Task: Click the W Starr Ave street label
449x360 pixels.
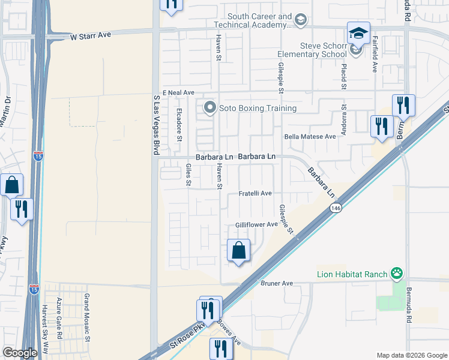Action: click(x=91, y=36)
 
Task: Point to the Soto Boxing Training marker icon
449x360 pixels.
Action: click(x=209, y=108)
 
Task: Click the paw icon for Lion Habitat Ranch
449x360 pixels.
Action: click(x=396, y=274)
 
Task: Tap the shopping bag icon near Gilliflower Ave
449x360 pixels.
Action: click(x=239, y=251)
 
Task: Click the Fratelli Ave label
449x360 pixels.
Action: click(x=256, y=193)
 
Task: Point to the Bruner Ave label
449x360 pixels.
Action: click(x=276, y=283)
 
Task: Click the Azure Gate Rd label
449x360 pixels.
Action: click(x=59, y=318)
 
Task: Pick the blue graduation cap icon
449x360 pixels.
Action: click(x=358, y=33)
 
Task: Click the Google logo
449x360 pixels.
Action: click(x=20, y=353)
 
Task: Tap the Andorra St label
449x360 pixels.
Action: click(x=345, y=120)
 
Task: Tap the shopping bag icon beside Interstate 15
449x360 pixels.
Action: click(x=12, y=185)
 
